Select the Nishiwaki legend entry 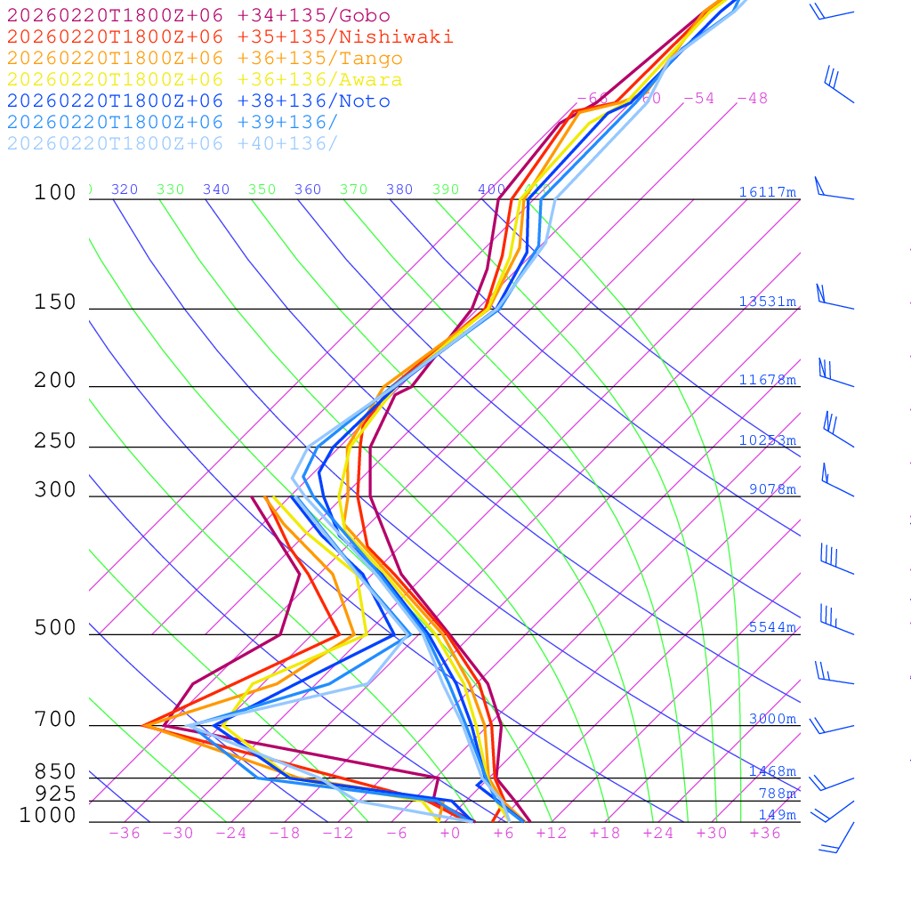click(x=230, y=37)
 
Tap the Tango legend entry click(x=205, y=59)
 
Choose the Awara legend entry click(x=205, y=80)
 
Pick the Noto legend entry click(x=198, y=101)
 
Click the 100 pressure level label click(x=55, y=192)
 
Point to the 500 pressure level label click(x=55, y=628)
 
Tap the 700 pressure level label click(x=55, y=720)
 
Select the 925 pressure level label click(x=55, y=794)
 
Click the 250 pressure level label click(x=55, y=441)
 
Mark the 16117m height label click(x=767, y=192)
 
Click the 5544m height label click(x=771, y=627)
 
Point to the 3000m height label click(x=771, y=719)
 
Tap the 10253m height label click(x=767, y=440)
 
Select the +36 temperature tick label click(x=765, y=833)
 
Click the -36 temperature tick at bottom click(x=124, y=833)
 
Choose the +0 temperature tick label click(x=450, y=833)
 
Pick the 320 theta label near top click(x=125, y=189)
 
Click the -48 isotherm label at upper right click(x=752, y=99)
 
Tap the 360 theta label click(x=308, y=189)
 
